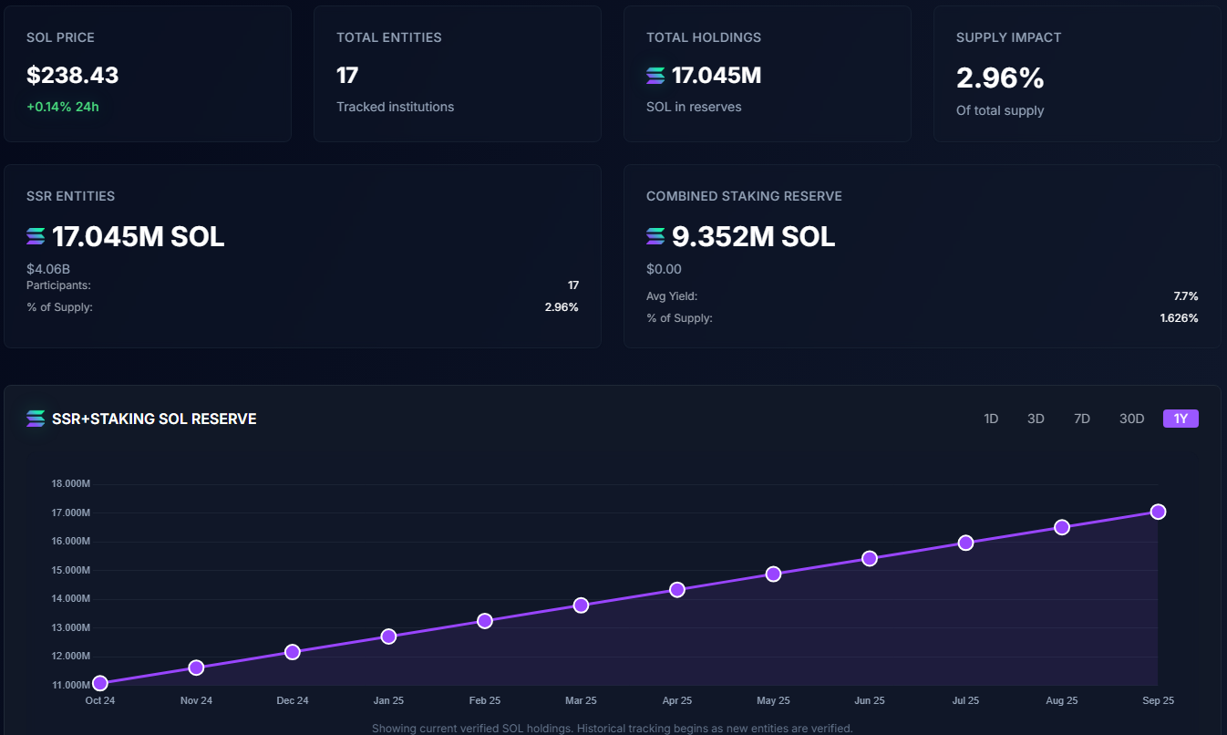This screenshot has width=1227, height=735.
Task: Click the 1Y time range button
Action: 1181,419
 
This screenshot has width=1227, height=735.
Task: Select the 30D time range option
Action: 1131,419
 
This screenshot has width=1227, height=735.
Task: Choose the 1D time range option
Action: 991,419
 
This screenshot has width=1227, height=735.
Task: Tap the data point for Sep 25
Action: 1158,512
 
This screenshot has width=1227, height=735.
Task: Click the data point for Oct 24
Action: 100,683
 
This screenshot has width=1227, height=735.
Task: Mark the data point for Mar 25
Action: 581,605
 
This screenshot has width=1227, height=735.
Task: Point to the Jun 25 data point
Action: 869,558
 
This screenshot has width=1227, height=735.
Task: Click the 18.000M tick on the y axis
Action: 70,484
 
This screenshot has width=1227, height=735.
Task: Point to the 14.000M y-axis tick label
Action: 70,599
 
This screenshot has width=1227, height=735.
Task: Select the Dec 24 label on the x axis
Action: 292,700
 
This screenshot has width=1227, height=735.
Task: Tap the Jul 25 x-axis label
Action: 965,700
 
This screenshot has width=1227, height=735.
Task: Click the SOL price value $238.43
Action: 73,76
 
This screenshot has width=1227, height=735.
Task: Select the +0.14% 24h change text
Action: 63,107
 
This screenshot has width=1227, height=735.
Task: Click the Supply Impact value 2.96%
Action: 1000,78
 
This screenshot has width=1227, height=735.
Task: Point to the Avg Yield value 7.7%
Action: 1185,296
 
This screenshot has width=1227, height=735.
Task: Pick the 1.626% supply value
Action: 1179,318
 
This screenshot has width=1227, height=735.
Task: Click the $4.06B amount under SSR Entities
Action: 48,269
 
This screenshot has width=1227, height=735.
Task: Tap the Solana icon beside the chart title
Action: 36,419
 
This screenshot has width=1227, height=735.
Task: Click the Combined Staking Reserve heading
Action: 744,196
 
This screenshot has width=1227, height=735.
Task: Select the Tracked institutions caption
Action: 395,107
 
